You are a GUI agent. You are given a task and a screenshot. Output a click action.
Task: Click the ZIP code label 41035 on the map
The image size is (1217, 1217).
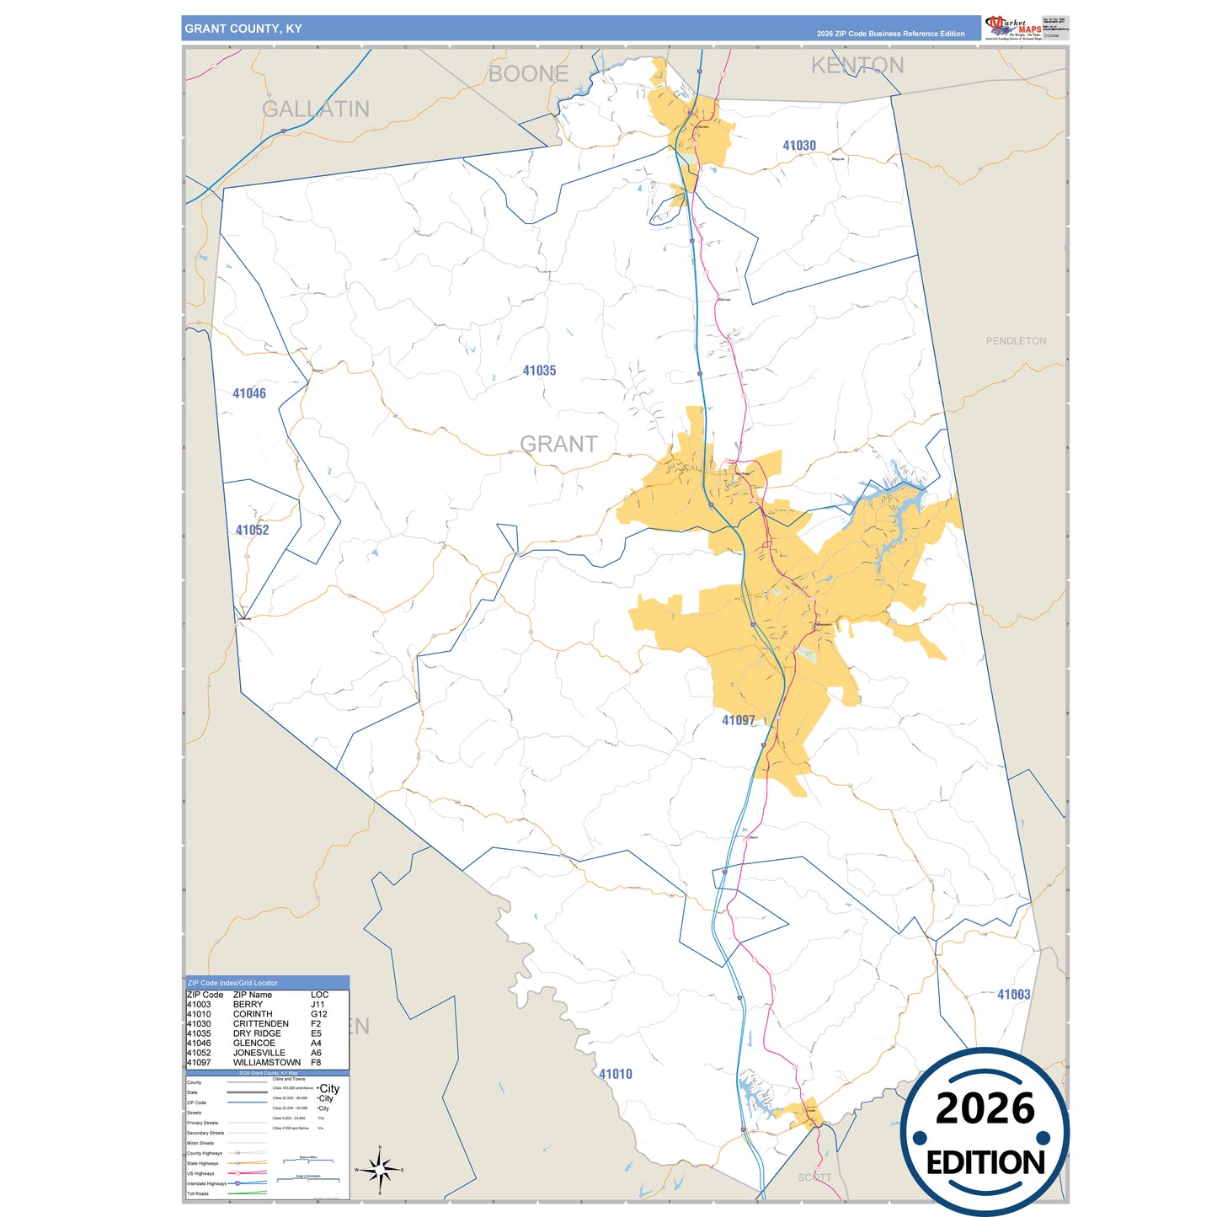tap(539, 371)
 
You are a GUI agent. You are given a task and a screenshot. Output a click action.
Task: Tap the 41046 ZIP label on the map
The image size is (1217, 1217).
tap(249, 393)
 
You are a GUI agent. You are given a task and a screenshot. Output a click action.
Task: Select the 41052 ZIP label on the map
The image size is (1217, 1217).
tap(252, 530)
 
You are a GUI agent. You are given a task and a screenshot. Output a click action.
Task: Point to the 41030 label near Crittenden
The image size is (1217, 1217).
tap(798, 146)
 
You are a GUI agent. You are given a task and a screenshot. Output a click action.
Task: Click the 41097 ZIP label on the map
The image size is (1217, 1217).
tap(739, 720)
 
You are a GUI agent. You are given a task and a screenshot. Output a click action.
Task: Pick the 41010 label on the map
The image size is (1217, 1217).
tap(615, 1074)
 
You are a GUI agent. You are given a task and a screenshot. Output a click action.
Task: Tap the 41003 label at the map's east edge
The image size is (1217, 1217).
tap(1013, 995)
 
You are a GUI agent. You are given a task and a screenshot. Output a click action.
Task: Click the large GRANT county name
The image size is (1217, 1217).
tap(558, 444)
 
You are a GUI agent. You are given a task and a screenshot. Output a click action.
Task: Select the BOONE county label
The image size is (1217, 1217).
tap(528, 74)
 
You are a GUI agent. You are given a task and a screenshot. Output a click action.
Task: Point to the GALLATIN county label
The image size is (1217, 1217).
tap(316, 109)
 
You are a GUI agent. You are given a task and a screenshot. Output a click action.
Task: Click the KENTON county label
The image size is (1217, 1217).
tap(857, 66)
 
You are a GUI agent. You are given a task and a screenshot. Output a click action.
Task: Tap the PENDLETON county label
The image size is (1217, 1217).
tap(1016, 341)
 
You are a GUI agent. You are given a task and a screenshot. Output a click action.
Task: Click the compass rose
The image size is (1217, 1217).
tap(380, 1169)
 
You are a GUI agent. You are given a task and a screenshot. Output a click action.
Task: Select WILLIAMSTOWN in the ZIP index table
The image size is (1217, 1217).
tap(266, 1063)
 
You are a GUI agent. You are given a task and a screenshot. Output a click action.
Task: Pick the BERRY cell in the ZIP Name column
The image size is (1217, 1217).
tap(248, 1005)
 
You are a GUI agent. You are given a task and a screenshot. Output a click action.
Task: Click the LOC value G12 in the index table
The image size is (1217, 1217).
tap(318, 1014)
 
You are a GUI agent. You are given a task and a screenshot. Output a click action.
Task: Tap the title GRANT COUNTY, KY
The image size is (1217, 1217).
tap(243, 29)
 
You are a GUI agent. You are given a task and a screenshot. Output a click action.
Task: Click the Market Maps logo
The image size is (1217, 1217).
tap(1012, 28)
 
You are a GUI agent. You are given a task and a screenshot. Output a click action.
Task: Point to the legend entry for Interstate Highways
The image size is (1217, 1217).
tap(206, 1183)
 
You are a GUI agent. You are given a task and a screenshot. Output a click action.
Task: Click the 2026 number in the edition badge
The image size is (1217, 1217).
tap(985, 1108)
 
